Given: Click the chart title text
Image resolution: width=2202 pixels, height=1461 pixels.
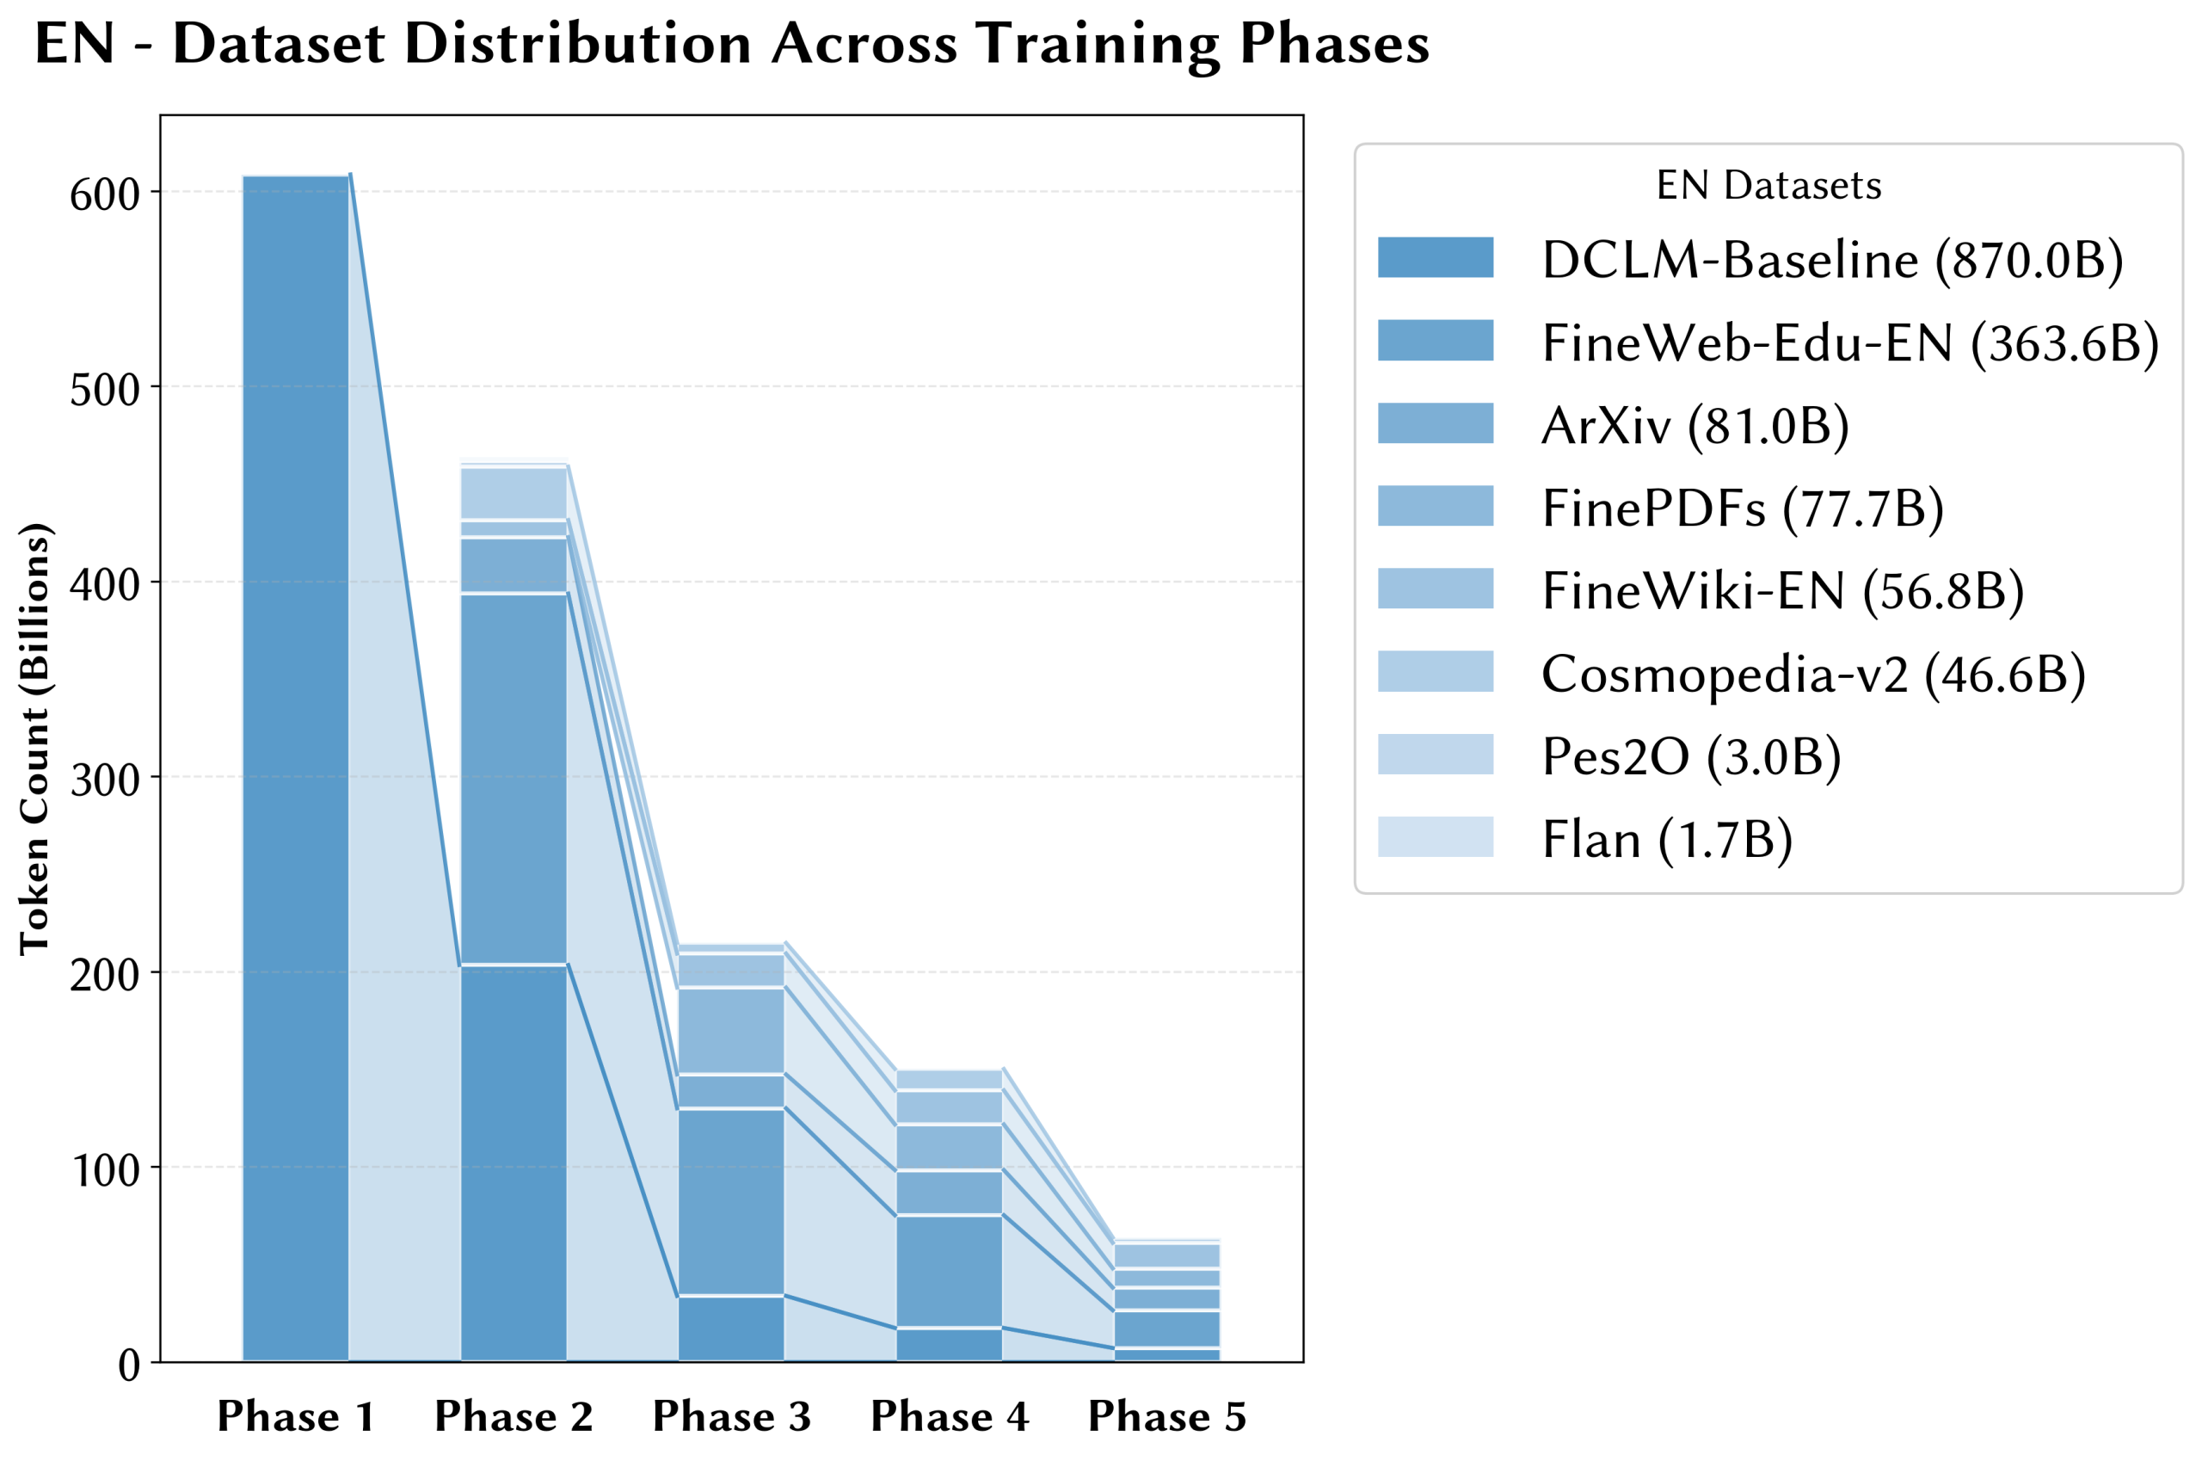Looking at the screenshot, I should [x=731, y=44].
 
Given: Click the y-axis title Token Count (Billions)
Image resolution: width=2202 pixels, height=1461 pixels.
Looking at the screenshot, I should [x=34, y=738].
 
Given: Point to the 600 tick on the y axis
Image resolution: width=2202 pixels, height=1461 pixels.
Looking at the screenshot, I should [x=104, y=194].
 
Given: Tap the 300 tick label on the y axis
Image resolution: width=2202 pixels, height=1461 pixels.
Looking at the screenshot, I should [x=104, y=780].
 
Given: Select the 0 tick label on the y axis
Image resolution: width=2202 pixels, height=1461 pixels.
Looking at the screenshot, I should [x=128, y=1365].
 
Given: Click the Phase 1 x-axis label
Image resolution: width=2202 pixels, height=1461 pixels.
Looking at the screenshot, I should [x=295, y=1416].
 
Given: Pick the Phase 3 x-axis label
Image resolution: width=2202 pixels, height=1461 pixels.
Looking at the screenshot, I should [x=731, y=1416].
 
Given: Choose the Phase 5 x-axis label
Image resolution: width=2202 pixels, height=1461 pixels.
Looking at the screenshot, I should [x=1167, y=1416].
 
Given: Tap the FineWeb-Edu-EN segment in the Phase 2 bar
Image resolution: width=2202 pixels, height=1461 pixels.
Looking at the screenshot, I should [x=514, y=778].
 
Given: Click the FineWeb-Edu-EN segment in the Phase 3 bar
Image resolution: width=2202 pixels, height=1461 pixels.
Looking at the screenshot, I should [x=731, y=1201].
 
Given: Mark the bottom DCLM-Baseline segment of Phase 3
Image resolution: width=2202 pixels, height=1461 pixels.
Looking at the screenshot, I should [x=731, y=1328].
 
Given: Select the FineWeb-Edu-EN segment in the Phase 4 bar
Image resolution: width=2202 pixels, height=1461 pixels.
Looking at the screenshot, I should [x=949, y=1271].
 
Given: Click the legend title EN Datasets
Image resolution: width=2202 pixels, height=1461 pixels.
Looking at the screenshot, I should [x=1768, y=185].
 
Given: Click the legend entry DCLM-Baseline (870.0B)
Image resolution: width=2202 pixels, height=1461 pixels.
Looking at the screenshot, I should [x=1832, y=259].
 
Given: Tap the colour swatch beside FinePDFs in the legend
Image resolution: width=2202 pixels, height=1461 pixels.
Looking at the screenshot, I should [x=1436, y=506].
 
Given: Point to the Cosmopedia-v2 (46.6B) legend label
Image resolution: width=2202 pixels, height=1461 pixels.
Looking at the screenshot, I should [x=1812, y=673].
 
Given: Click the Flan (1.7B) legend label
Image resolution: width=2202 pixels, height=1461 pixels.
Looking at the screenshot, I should [x=1666, y=839].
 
